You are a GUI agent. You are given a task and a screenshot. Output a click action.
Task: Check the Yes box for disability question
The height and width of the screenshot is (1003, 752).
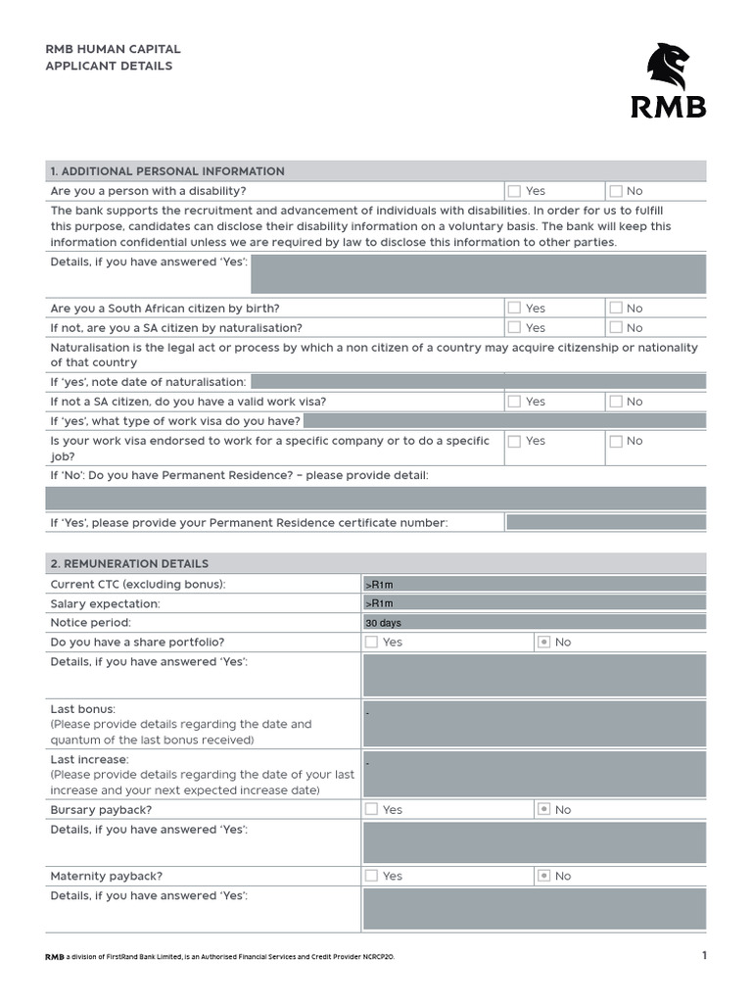pos(514,191)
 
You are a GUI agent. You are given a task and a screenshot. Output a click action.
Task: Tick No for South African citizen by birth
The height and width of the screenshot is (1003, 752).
pos(616,308)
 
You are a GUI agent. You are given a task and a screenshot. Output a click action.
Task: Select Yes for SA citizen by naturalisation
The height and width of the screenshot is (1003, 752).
pos(514,327)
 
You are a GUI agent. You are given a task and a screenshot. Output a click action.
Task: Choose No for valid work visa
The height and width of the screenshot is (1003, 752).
pos(616,402)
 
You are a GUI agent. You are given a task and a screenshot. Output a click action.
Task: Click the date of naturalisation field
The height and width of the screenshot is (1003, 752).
pos(478,382)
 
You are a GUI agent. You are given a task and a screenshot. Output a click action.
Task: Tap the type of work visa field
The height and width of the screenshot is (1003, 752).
pos(504,421)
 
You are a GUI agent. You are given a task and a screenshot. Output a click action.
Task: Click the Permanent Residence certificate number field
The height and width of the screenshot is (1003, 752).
pos(605,523)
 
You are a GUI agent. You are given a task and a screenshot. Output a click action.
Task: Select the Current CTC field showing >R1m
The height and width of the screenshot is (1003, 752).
pos(534,584)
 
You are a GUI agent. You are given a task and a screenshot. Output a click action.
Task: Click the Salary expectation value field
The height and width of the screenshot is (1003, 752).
pos(534,603)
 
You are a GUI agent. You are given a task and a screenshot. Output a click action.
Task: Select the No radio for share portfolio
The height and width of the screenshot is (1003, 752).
pos(544,643)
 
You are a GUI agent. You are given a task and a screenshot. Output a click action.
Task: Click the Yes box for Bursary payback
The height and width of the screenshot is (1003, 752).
pos(371,810)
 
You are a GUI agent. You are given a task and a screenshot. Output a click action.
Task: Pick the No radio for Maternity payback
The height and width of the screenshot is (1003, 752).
pos(544,877)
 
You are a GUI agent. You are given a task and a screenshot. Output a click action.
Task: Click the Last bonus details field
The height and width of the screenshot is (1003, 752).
pos(534,724)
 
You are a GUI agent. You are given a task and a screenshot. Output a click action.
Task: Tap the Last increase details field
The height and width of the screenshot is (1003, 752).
pos(534,775)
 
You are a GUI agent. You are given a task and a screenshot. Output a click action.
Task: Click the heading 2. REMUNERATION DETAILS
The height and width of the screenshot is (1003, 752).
pos(130,564)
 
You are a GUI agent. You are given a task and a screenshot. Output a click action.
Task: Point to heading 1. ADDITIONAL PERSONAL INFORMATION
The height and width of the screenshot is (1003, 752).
pos(167,171)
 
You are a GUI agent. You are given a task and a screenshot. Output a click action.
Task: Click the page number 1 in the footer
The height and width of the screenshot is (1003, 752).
pos(702,956)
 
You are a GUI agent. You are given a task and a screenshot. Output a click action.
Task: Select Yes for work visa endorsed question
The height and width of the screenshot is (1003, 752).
pos(514,442)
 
